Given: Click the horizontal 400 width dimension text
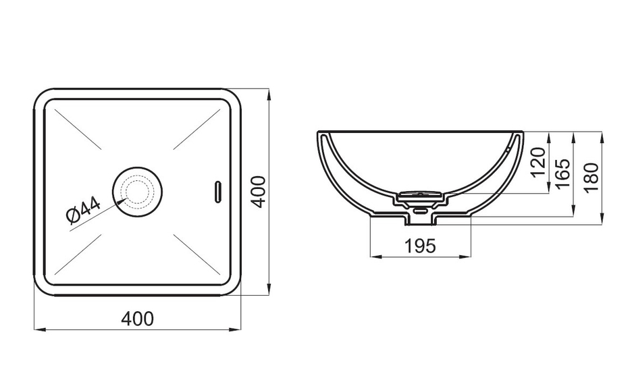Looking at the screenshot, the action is tap(137, 319).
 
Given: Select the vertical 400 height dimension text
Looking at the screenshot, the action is tap(259, 192).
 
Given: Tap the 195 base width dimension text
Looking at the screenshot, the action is tap(419, 246).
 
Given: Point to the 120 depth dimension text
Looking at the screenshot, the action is tap(537, 162).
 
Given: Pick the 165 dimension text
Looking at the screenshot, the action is tap(562, 173).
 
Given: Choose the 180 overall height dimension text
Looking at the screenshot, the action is tap(591, 178).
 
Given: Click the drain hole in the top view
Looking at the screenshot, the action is tap(137, 192).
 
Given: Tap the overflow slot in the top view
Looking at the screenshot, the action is tap(218, 192).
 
